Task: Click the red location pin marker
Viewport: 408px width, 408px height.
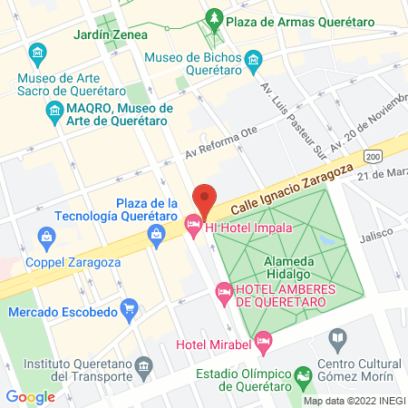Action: (206, 199)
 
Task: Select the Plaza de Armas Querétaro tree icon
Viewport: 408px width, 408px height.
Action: (214, 17)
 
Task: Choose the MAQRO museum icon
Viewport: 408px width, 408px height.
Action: (53, 112)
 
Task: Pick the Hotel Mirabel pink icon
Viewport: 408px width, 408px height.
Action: (263, 343)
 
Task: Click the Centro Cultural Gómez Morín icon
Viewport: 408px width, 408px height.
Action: (338, 341)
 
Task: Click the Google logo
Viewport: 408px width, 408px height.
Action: (31, 396)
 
